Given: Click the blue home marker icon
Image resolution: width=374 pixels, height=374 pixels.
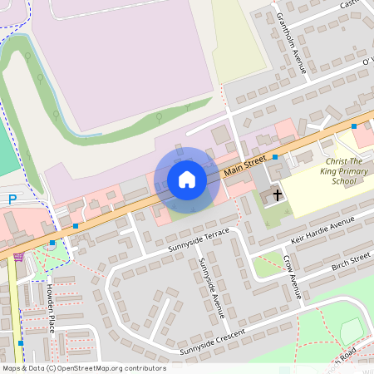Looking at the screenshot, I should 187,180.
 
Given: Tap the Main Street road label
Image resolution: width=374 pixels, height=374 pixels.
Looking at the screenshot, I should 245,165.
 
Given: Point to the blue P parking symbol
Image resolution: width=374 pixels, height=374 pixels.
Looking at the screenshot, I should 12,199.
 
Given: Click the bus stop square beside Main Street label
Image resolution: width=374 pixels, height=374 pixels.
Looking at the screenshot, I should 274,156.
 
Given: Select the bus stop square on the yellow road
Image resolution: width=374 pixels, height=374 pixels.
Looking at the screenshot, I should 21,342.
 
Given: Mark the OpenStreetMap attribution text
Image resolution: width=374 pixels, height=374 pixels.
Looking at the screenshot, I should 83,367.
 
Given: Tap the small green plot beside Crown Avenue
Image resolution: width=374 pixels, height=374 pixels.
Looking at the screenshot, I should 267,267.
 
